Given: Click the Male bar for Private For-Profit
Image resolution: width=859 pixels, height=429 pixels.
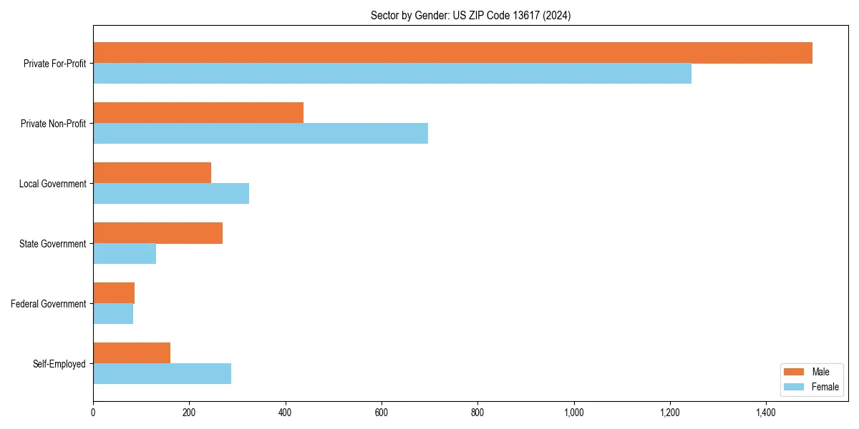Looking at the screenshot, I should pyautogui.click(x=452, y=53).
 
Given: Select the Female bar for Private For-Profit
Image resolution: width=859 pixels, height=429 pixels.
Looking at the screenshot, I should pyautogui.click(x=392, y=74).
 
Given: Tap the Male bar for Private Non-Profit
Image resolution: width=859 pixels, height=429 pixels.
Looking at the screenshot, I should pyautogui.click(x=198, y=113).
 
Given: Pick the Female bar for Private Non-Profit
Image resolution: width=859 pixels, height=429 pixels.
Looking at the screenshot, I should pyautogui.click(x=261, y=134).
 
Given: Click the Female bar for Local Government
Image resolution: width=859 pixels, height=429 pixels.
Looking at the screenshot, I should pyautogui.click(x=171, y=194).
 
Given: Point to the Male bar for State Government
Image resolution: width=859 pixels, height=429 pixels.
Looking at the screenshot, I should pyautogui.click(x=157, y=233).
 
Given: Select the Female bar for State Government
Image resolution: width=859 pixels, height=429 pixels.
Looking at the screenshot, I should pyautogui.click(x=125, y=254).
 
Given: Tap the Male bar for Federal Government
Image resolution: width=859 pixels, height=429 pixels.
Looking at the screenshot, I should pyautogui.click(x=114, y=293).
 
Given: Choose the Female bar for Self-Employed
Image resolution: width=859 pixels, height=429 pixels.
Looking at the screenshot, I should pyautogui.click(x=162, y=374).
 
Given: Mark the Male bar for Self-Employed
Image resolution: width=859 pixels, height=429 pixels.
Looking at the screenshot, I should pyautogui.click(x=132, y=353).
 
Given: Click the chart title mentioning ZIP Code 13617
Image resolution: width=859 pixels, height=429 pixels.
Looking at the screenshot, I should pyautogui.click(x=470, y=15).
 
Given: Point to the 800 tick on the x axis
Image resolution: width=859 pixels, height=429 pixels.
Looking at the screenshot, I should pyautogui.click(x=477, y=412).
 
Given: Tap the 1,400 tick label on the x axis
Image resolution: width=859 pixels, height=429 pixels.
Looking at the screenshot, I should pyautogui.click(x=766, y=412).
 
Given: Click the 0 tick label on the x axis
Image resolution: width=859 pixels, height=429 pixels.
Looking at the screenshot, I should pyautogui.click(x=93, y=412).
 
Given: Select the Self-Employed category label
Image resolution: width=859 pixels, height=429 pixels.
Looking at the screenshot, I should pyautogui.click(x=59, y=364).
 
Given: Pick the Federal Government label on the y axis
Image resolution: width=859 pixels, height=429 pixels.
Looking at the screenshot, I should pyautogui.click(x=48, y=304).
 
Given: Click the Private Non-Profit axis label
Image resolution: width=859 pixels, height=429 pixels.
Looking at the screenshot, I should pyautogui.click(x=53, y=124).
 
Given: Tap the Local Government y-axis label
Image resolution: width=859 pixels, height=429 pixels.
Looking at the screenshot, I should pyautogui.click(x=52, y=184).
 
